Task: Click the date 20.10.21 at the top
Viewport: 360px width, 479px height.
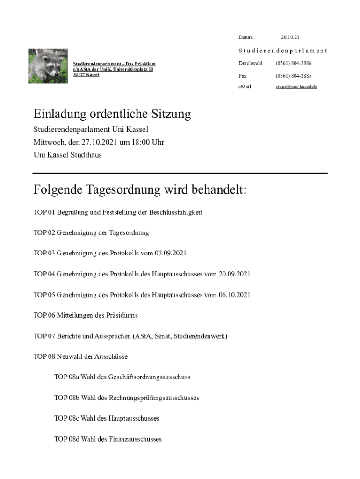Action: click(x=290, y=37)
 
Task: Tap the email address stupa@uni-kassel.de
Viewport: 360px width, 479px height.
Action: click(x=296, y=87)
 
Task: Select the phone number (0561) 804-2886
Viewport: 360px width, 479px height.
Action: click(x=293, y=63)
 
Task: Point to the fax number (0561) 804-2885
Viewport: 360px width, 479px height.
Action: click(x=293, y=75)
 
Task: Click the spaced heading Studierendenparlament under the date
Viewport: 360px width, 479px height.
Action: click(x=282, y=51)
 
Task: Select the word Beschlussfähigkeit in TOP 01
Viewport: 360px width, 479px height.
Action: click(x=175, y=212)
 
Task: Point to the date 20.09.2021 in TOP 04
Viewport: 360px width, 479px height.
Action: click(x=234, y=274)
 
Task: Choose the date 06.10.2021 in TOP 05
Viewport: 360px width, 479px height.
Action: click(x=234, y=295)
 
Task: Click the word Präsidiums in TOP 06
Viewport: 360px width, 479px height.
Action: click(x=122, y=315)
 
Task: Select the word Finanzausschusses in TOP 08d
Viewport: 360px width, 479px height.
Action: click(x=135, y=439)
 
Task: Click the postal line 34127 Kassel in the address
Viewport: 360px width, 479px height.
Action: click(x=86, y=74)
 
